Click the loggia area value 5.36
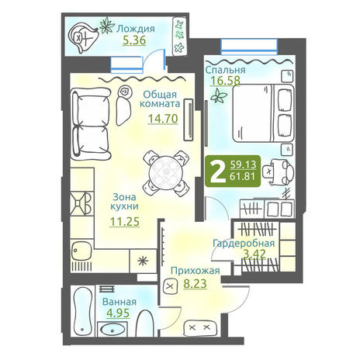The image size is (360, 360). click(134, 40)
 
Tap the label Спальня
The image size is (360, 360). click(225, 70)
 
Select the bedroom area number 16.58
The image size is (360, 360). click(225, 81)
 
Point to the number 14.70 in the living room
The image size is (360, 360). click(163, 119)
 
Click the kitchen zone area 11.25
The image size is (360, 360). click(125, 222)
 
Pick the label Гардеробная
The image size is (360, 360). click(244, 244)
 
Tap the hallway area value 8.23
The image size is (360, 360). click(195, 284)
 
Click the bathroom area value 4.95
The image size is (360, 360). click(118, 313)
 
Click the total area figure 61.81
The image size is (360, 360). click(243, 177)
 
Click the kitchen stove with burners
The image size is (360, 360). click(81, 204)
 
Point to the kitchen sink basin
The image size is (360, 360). click(81, 251)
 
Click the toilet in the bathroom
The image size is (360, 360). click(145, 324)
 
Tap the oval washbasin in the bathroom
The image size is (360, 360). click(112, 330)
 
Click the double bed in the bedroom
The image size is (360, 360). click(263, 113)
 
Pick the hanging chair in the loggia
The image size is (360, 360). click(83, 38)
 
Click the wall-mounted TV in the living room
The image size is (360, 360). click(189, 119)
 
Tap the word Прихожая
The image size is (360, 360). click(196, 271)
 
